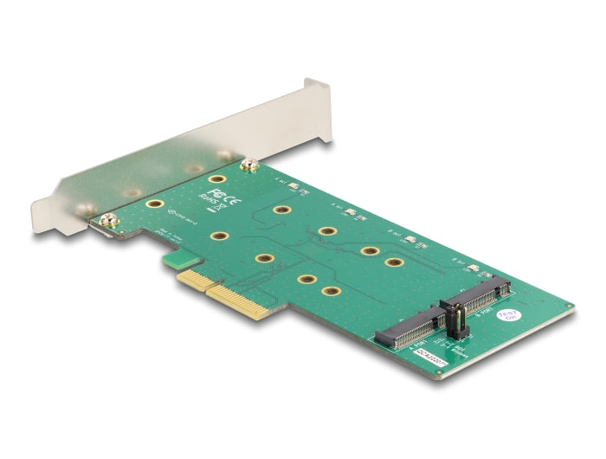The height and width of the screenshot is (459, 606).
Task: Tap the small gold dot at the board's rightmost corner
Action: click(568, 308)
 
